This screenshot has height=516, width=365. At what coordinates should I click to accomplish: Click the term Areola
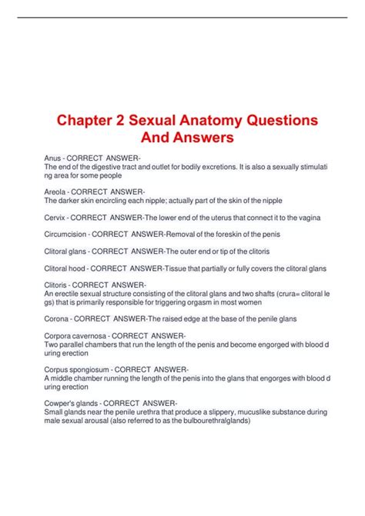pos(57,190)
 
